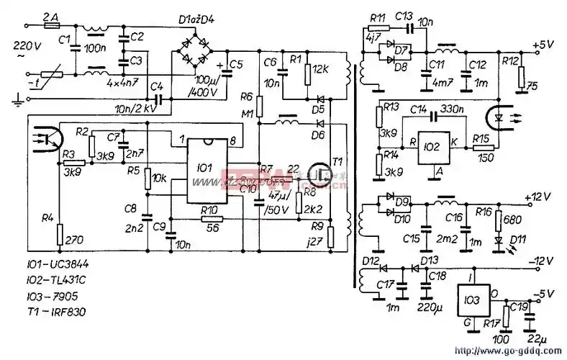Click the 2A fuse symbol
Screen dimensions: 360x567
(53, 24)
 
